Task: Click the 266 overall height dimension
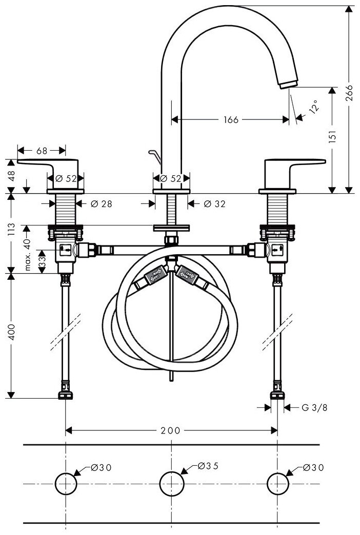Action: tap(349, 95)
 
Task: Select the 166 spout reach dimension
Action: tap(231, 119)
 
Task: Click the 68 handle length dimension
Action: tap(42, 151)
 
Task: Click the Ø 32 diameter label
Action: tap(214, 203)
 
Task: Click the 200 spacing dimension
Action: tap(171, 430)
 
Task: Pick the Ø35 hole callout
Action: tap(208, 466)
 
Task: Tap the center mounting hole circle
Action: tap(171, 483)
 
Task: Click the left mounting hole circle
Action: tap(65, 483)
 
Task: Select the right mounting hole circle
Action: tap(277, 483)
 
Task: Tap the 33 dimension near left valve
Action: tap(42, 260)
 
